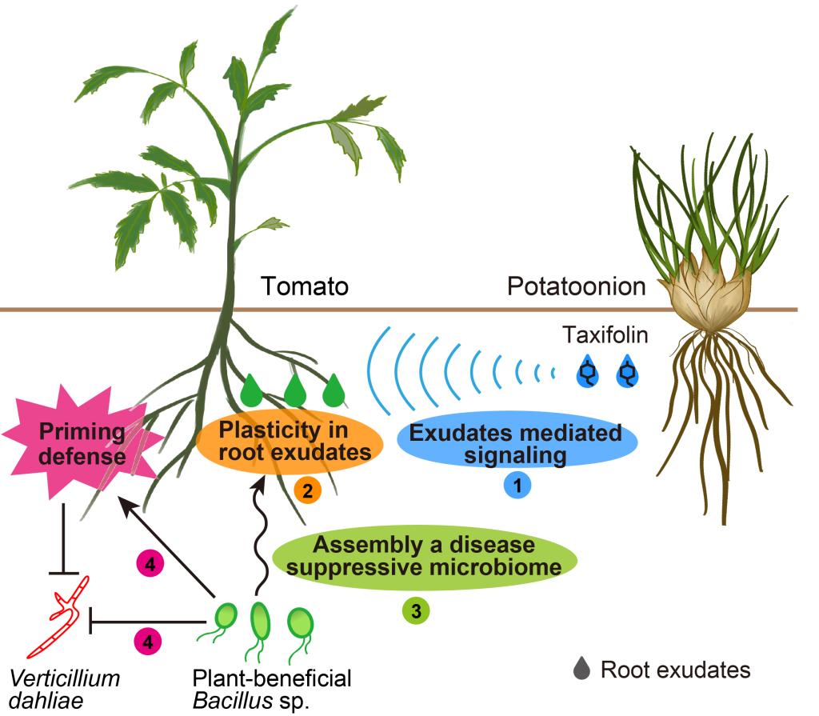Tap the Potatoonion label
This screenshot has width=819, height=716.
pyautogui.click(x=576, y=286)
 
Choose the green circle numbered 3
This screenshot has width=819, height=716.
pyautogui.click(x=416, y=610)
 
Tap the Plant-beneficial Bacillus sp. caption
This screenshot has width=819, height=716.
pyautogui.click(x=272, y=690)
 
